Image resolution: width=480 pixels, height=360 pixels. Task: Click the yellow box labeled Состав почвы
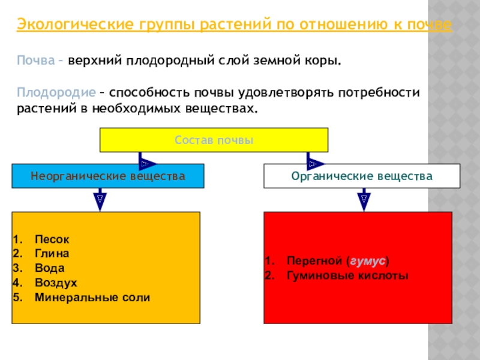[x=214, y=140]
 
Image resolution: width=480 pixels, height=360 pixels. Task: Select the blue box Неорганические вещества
[x=108, y=176]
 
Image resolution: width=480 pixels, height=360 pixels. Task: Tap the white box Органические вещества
[x=362, y=176]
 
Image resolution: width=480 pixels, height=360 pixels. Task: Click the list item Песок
[x=47, y=239]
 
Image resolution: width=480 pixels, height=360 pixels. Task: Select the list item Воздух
[x=55, y=283]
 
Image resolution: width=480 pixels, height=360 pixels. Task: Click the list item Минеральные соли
[x=92, y=297]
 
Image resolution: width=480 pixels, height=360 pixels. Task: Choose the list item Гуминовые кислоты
[x=347, y=276]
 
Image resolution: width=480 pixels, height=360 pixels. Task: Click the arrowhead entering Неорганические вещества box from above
[x=147, y=163]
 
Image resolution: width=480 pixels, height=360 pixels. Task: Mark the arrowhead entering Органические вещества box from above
[x=314, y=163]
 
